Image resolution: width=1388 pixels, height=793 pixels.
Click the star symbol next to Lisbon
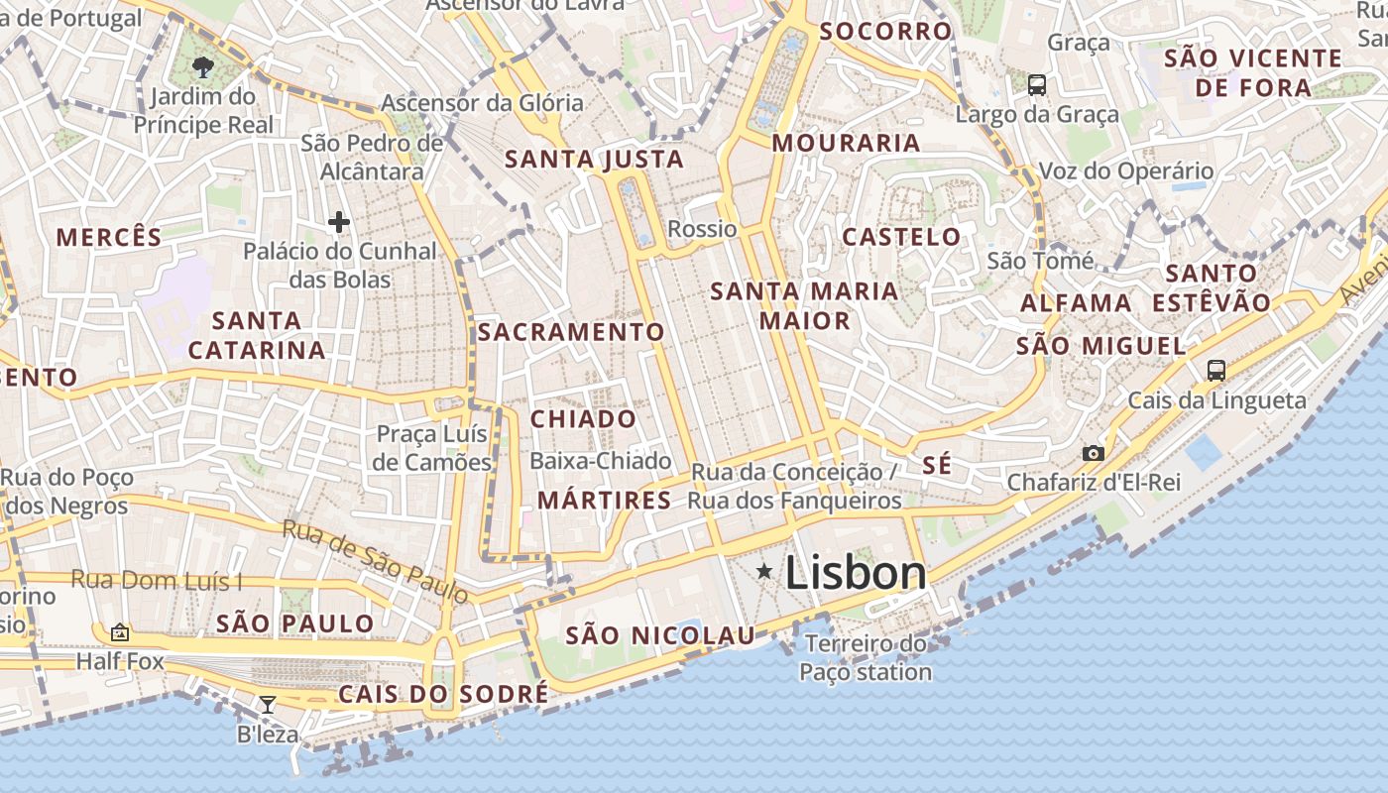[x=764, y=571]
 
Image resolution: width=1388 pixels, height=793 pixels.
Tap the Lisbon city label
[x=856, y=573]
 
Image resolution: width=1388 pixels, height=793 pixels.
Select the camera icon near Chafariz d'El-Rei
[x=1094, y=453]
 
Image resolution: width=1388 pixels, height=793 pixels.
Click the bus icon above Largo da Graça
[x=1037, y=85]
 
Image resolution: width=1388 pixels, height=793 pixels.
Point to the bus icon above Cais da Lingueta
[x=1216, y=371]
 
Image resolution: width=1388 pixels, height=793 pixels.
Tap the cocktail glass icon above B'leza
[x=267, y=705]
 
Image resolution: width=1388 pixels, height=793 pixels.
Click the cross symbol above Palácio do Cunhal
[x=339, y=222]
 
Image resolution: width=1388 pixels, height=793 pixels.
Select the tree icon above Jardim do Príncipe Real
[x=203, y=67]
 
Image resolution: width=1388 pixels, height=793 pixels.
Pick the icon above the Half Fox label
[x=120, y=631]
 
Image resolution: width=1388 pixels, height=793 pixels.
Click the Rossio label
[x=702, y=229]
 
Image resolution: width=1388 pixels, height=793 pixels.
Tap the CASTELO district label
[x=901, y=237]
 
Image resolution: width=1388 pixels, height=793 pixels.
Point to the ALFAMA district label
[x=1076, y=303]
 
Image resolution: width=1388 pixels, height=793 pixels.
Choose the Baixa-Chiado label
[x=600, y=461]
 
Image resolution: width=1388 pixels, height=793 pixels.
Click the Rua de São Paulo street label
[x=375, y=561]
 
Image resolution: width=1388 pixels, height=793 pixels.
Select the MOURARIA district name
[x=847, y=143]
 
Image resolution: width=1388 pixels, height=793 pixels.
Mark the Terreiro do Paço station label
[x=866, y=658]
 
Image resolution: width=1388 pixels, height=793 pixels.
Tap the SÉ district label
[x=937, y=465]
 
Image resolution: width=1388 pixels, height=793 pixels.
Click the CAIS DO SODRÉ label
[x=443, y=694]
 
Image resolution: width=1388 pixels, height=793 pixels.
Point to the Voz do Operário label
[x=1125, y=170]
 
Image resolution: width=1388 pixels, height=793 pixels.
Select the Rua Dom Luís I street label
[x=157, y=581]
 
